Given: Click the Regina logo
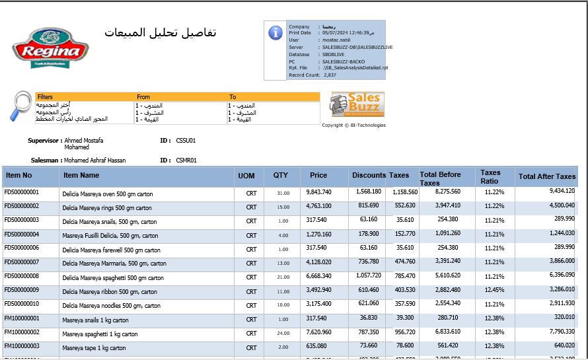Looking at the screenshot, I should (50, 48).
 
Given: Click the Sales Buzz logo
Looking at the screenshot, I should (357, 104).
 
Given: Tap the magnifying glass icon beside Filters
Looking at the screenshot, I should (22, 106).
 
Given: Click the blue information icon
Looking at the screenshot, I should (276, 33).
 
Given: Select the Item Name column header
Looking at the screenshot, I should (81, 176).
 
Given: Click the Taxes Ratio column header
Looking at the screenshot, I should (490, 176).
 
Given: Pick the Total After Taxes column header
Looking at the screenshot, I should (547, 176).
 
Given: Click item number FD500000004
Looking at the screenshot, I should (22, 234).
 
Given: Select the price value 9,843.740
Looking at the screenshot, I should (319, 192).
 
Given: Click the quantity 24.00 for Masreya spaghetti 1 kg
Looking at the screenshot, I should (283, 334).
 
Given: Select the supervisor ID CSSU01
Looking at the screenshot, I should (186, 141).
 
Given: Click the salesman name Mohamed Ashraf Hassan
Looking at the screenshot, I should (94, 161).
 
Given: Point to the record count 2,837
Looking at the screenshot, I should (330, 75).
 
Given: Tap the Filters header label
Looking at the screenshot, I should (45, 97).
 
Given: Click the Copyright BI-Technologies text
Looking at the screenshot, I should (353, 125).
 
